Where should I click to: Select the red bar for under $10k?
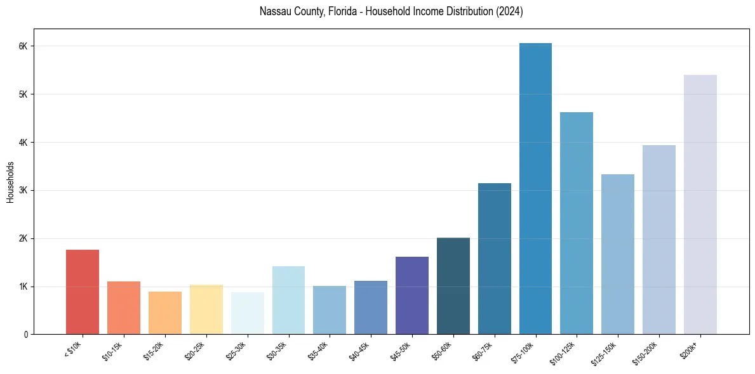(x=83, y=292)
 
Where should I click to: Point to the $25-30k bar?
(x=247, y=313)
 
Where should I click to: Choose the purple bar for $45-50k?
(x=411, y=295)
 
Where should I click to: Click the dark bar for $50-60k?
(x=453, y=286)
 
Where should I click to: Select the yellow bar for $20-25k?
(x=206, y=309)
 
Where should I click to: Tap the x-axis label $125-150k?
(x=606, y=352)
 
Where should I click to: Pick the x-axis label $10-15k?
(x=114, y=351)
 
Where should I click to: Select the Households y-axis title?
(x=10, y=182)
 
